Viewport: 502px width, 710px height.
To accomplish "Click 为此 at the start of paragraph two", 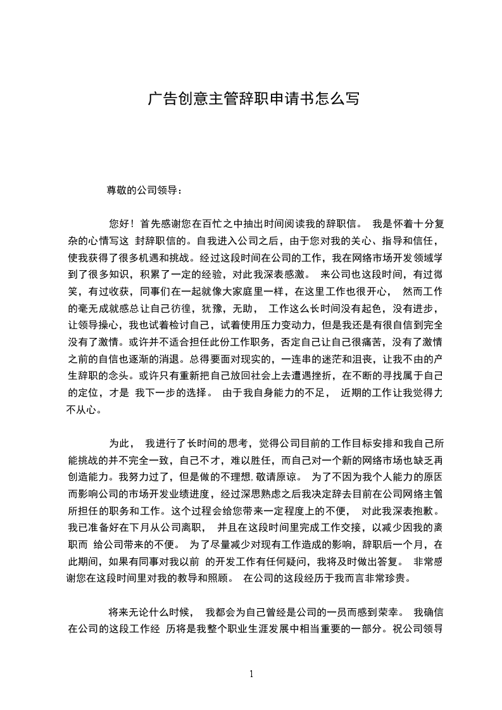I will click(118, 443).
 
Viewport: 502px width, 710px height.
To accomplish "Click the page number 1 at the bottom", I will click(252, 674).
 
